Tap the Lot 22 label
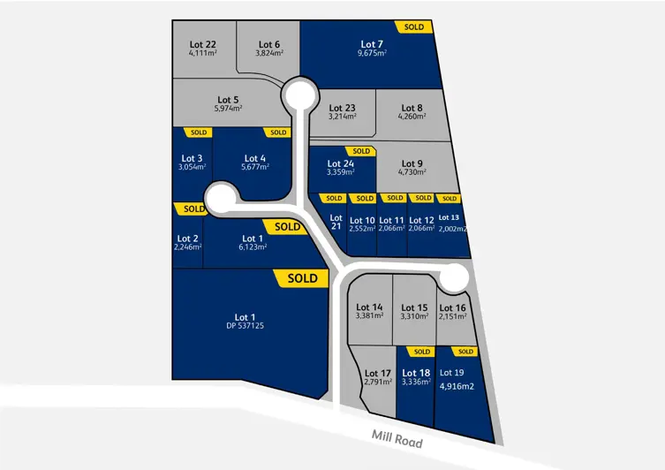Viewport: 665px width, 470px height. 203,43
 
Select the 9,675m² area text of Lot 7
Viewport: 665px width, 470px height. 373,53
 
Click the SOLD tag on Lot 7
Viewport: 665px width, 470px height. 413,27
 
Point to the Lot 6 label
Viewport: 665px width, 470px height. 269,43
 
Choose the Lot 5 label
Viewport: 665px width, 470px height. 227,99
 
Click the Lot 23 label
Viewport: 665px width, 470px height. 342,107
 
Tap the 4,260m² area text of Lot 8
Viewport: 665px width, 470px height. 412,116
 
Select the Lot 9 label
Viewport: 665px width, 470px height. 412,163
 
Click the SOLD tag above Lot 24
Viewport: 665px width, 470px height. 360,151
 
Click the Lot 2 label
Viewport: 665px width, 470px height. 188,238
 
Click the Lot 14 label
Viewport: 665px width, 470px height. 370,307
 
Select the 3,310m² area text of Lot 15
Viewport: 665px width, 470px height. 413,316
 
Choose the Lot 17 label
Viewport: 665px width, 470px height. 377,373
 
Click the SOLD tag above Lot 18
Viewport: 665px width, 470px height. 421,352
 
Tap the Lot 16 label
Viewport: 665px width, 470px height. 452,307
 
